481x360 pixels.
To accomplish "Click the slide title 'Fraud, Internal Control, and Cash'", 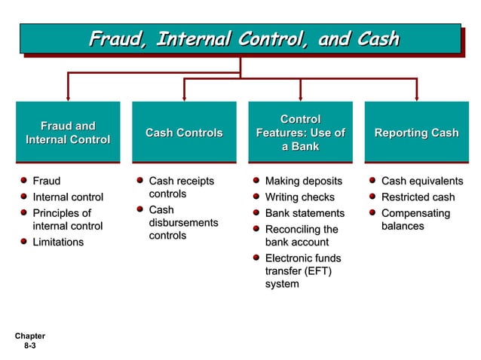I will click(x=244, y=38).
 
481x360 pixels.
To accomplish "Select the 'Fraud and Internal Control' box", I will click(x=68, y=133).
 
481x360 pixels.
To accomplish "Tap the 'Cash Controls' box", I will click(x=184, y=133).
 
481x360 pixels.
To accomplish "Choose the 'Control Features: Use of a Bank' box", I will click(x=300, y=133).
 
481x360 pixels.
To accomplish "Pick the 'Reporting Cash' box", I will click(x=416, y=133).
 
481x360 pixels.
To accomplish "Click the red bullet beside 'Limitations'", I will click(x=25, y=242).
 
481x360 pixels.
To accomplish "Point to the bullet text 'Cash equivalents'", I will click(x=421, y=181).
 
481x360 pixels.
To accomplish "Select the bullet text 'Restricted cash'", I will click(x=418, y=197).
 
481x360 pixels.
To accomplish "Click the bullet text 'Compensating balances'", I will click(x=415, y=219).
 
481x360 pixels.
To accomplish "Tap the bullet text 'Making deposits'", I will click(x=303, y=181).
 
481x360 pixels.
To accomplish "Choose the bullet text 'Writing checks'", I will click(x=299, y=197).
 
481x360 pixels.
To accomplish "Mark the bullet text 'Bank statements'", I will click(x=305, y=213).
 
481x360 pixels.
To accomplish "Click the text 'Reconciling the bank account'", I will click(x=301, y=236).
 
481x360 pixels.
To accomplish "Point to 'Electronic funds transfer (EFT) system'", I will click(x=302, y=271).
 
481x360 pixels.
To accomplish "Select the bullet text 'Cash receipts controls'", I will click(x=181, y=188).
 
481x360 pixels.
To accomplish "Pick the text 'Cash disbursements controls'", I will click(x=183, y=222).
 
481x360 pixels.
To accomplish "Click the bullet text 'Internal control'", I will click(x=68, y=197).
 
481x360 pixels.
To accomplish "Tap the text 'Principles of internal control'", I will click(x=67, y=219).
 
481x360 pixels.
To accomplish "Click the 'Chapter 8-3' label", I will click(x=29, y=340).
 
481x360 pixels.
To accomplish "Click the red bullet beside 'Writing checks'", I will click(x=257, y=197).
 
